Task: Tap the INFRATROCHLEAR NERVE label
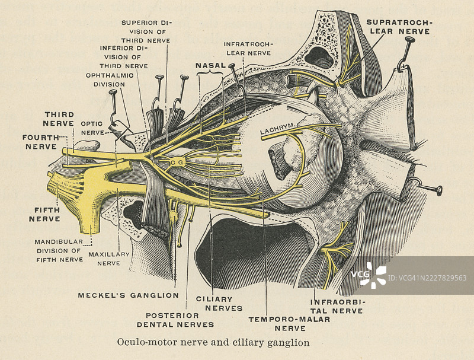(248, 48)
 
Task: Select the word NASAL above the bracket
(210, 65)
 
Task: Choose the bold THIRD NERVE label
(58, 118)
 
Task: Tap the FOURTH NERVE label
(40, 141)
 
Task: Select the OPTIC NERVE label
(92, 128)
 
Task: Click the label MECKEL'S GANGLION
(128, 295)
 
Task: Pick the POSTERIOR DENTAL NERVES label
(175, 320)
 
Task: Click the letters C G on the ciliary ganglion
(176, 161)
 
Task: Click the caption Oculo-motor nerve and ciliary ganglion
(213, 342)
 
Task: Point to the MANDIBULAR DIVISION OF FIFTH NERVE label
(59, 250)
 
